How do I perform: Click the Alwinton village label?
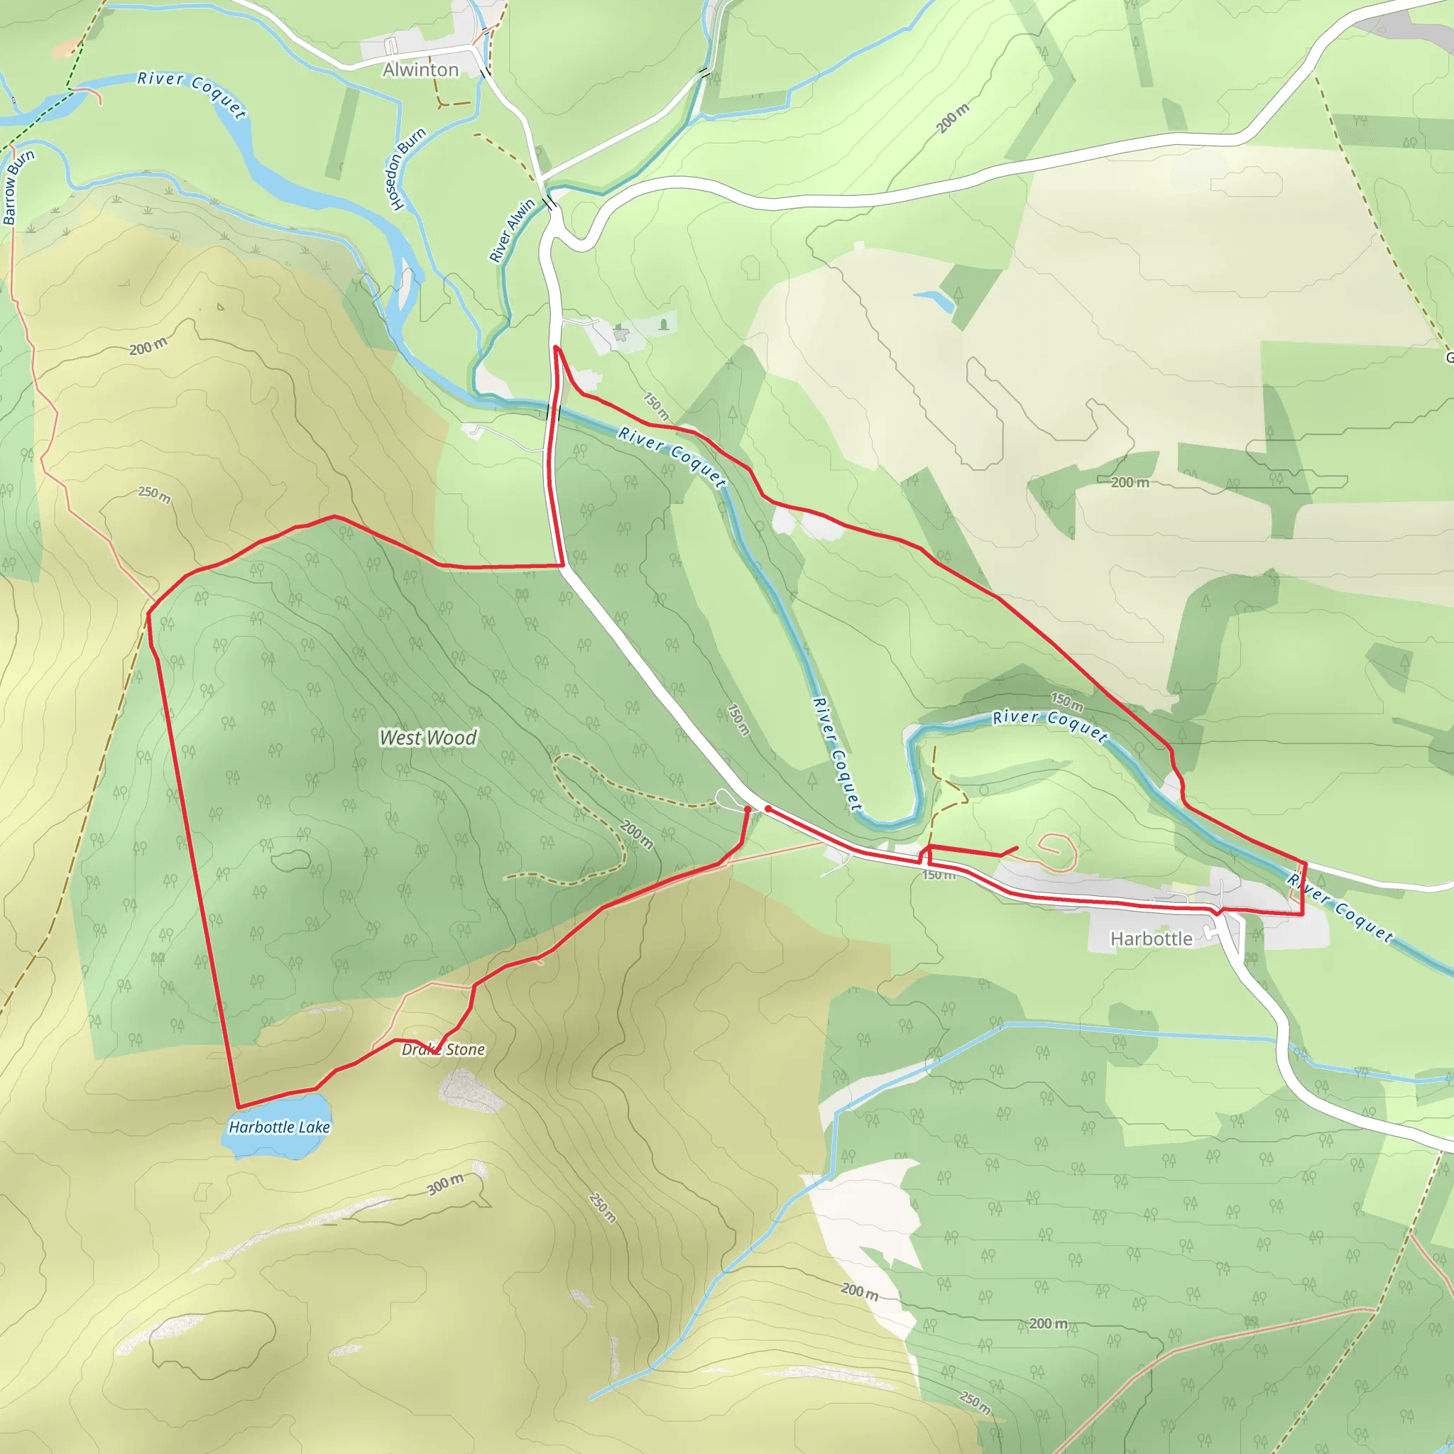coord(420,70)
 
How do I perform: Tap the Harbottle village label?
coord(1151,939)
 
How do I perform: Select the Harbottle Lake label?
coord(279,1127)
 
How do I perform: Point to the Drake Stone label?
coord(443,1049)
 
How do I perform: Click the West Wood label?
coord(427,738)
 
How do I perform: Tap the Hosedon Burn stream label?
coord(405,170)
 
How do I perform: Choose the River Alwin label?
coord(512,230)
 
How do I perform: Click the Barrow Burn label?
coord(18,187)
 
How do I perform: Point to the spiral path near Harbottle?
coord(1057,851)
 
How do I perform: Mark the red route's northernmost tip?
coord(555,347)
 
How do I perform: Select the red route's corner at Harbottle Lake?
coord(239,1107)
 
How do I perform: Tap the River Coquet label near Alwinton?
coord(192,94)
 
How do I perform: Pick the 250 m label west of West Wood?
coord(154,494)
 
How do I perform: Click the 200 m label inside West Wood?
coord(637,834)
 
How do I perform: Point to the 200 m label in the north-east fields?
coord(1130,482)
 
